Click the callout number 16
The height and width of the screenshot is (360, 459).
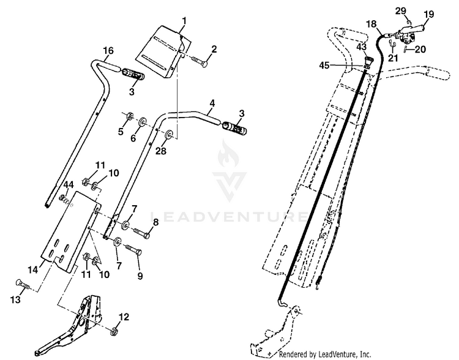click(108, 50)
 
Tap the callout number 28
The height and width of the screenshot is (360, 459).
click(161, 151)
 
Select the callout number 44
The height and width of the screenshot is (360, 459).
click(69, 185)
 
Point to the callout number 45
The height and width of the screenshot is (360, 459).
click(324, 66)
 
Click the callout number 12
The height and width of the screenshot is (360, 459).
click(124, 317)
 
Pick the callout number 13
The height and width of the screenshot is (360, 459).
click(15, 299)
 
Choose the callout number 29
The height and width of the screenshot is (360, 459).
click(401, 11)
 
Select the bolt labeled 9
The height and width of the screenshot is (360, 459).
click(134, 250)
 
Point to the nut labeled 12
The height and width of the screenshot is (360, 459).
click(114, 332)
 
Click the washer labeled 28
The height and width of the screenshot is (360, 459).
click(169, 134)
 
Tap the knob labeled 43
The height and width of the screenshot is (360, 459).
click(368, 61)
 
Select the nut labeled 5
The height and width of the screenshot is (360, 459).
click(129, 116)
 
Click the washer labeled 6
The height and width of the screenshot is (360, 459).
click(143, 122)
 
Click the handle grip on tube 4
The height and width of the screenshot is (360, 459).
click(235, 127)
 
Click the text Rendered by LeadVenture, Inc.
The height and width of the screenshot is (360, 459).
click(324, 354)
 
